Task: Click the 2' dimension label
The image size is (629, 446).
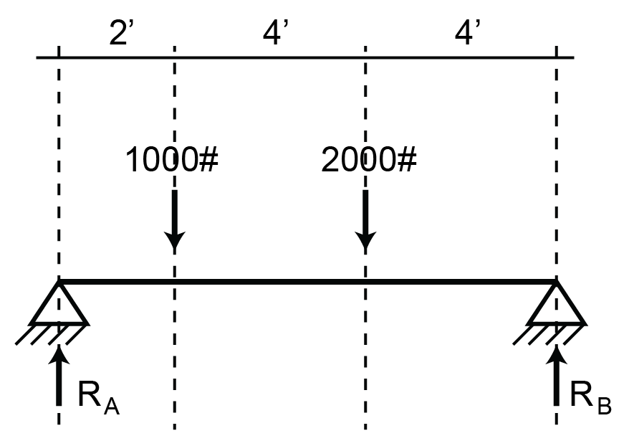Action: [x=118, y=34]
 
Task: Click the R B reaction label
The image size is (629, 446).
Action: [x=590, y=397]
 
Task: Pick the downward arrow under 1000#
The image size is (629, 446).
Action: [x=174, y=219]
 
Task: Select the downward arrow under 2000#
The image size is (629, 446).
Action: [x=365, y=219]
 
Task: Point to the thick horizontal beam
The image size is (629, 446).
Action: [x=308, y=282]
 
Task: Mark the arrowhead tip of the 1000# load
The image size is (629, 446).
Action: [x=174, y=251]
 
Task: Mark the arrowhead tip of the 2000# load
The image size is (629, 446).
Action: [x=365, y=251]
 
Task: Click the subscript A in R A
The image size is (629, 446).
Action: [x=111, y=407]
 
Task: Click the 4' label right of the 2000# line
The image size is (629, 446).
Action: [x=466, y=34]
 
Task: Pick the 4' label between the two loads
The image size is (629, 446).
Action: [x=275, y=34]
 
